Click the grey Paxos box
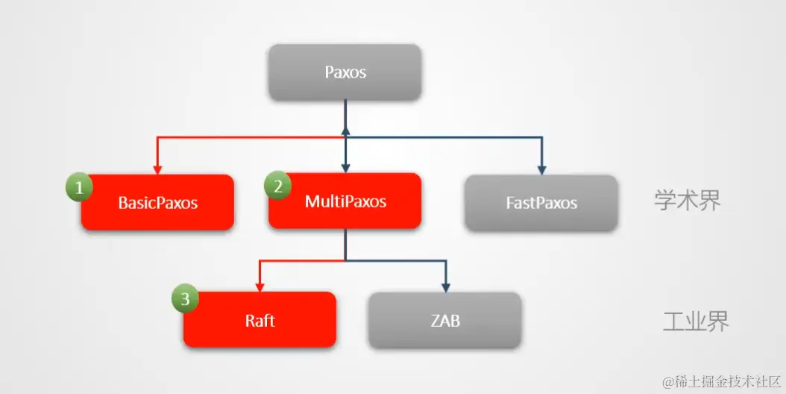coord(345,72)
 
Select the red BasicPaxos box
coord(157,202)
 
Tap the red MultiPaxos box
coord(345,201)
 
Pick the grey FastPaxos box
coord(541,202)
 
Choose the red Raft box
coord(260,320)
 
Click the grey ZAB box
coord(444,320)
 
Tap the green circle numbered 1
coord(78,187)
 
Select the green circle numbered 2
coord(278,187)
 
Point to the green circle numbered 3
coord(185,299)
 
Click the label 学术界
coord(688,200)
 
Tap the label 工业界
coord(696,321)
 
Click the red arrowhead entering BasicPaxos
coord(157,168)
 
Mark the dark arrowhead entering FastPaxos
coord(541,169)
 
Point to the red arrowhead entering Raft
coord(260,286)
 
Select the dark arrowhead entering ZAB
coord(445,286)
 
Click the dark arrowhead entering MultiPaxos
coord(345,167)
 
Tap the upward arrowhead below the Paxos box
coord(345,131)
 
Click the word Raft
coord(260,321)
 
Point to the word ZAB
coord(444,321)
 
